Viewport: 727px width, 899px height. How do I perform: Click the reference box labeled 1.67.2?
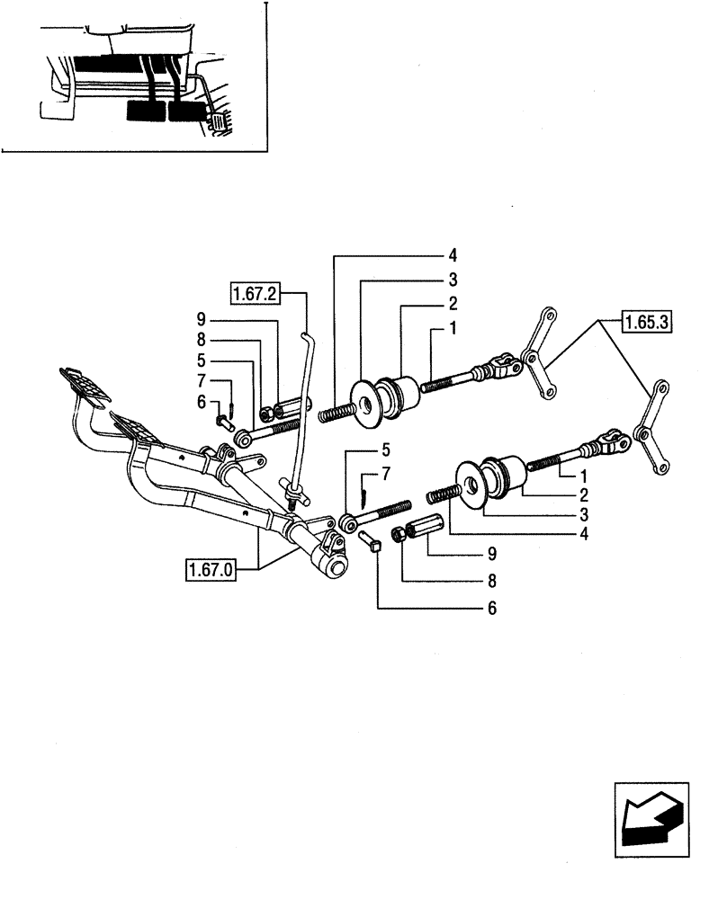point(256,293)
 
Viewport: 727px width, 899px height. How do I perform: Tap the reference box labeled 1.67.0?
point(211,570)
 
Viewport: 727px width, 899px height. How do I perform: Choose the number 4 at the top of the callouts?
point(453,254)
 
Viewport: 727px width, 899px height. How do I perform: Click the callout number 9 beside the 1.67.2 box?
point(202,319)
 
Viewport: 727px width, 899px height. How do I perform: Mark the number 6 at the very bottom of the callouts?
point(491,609)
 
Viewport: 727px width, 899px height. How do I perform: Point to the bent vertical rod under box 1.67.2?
point(301,405)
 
